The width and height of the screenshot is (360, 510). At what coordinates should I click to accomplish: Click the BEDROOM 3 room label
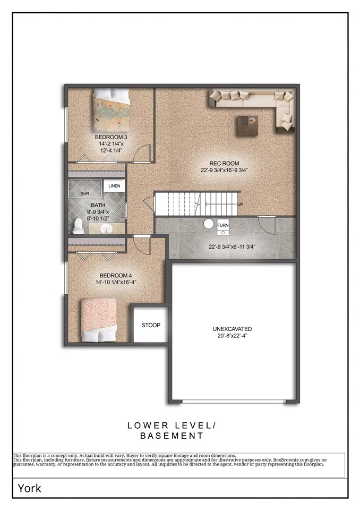[111, 137]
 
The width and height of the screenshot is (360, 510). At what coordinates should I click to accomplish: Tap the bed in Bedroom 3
[111, 110]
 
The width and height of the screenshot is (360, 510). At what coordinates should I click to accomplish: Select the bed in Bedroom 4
[99, 319]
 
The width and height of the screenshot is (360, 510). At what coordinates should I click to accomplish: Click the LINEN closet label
[115, 186]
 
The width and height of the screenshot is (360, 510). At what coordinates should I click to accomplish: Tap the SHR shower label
[85, 194]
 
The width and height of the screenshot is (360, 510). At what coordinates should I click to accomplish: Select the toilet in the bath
[79, 226]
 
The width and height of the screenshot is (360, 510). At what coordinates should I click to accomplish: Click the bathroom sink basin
[106, 228]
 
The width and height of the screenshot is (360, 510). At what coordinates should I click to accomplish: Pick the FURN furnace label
[223, 225]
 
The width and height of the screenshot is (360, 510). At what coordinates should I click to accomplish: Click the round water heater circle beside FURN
[209, 224]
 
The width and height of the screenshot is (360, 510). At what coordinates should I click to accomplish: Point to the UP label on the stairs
[240, 204]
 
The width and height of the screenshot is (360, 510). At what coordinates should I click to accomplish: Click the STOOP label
[151, 325]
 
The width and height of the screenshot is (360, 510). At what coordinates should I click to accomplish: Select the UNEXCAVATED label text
[233, 329]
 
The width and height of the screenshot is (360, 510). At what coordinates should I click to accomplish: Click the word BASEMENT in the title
[172, 436]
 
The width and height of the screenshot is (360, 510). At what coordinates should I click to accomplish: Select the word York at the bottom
[30, 488]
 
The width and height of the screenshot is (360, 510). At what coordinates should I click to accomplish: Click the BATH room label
[98, 205]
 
